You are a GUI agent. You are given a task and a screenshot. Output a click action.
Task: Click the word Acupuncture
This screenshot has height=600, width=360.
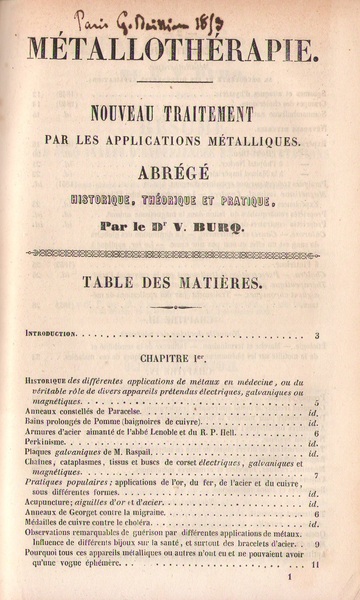[x=48, y=502]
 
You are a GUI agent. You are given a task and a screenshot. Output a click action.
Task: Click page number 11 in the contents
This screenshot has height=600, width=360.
[x=315, y=564]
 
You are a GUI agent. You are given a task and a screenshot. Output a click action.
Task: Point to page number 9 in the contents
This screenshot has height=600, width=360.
[x=316, y=544]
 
